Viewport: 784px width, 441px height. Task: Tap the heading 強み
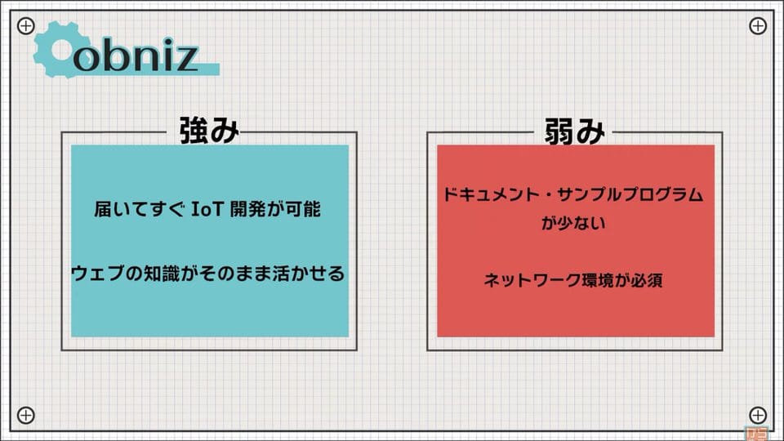209,131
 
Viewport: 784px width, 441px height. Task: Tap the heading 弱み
574,131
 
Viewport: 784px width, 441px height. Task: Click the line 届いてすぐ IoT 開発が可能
207,209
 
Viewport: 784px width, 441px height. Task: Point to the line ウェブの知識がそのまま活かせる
208,274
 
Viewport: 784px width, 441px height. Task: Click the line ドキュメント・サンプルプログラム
573,194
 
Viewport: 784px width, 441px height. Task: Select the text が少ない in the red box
573,222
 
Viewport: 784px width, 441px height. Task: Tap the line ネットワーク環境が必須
573,280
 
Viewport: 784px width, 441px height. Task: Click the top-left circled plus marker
26,25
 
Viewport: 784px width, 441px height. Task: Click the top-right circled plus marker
758,25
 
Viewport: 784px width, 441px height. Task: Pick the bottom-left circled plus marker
26,415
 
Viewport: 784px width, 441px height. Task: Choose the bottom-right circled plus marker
758,415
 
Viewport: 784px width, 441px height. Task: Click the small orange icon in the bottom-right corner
756,433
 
